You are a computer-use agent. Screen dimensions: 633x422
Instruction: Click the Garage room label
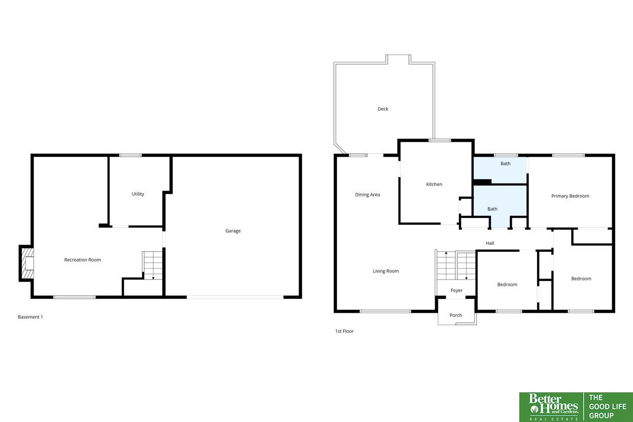233,231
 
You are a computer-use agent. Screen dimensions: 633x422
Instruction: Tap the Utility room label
138,194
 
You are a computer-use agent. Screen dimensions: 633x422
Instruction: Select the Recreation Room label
83,260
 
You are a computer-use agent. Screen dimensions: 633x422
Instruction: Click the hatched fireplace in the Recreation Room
28,263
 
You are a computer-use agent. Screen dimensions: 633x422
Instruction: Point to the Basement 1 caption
30,317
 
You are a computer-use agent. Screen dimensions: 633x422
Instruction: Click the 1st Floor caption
344,331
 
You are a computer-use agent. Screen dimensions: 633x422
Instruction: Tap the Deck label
383,109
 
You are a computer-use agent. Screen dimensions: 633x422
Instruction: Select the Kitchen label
434,185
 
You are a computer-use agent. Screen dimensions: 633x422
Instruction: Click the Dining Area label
367,194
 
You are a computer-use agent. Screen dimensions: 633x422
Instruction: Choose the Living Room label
386,271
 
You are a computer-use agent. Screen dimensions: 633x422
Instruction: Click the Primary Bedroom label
570,196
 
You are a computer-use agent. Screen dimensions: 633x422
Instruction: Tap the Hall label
490,243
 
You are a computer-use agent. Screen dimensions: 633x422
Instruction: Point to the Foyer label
456,290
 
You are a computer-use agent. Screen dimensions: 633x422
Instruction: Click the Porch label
456,315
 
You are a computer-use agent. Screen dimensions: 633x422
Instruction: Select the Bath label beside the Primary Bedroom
505,164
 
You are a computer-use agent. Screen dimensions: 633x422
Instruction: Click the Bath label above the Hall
492,209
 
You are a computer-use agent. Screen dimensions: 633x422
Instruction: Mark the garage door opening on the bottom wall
235,297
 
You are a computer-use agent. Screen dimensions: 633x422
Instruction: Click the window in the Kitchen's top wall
440,141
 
